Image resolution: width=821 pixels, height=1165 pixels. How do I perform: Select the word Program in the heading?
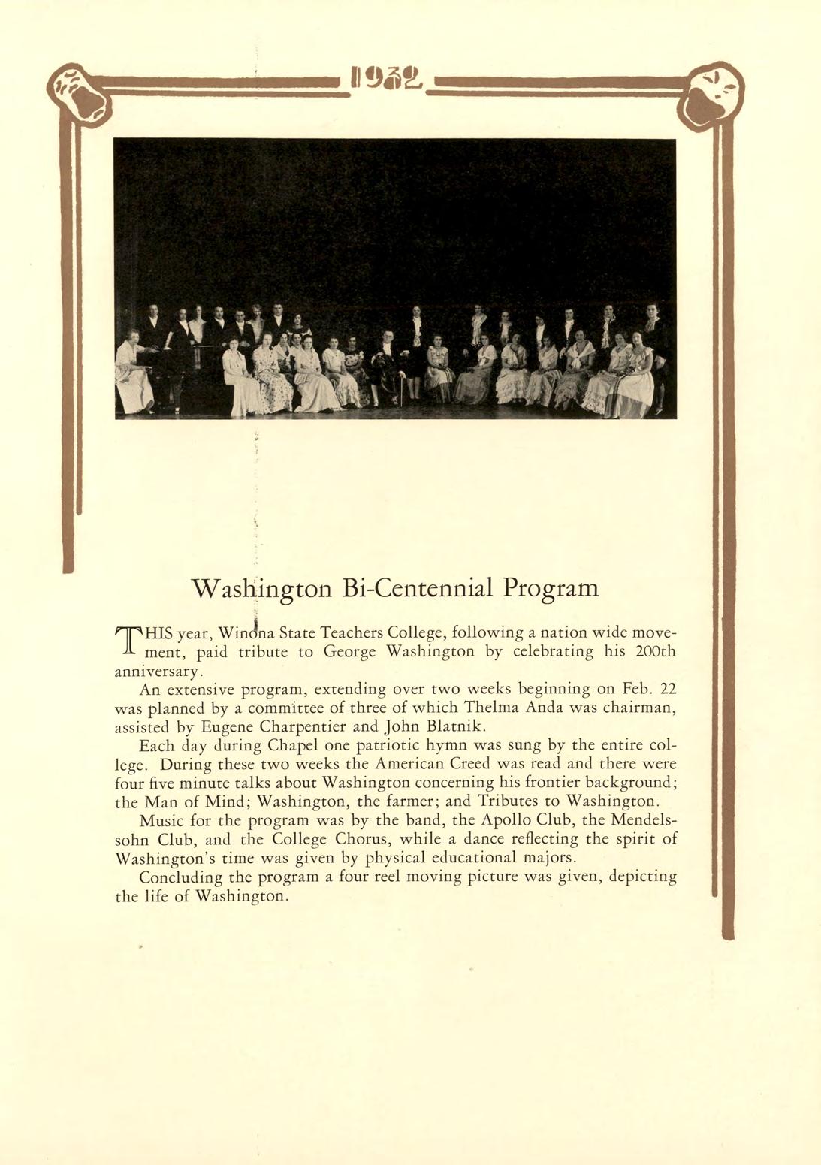point(551,587)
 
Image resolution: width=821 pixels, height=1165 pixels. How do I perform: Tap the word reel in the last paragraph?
point(389,876)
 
